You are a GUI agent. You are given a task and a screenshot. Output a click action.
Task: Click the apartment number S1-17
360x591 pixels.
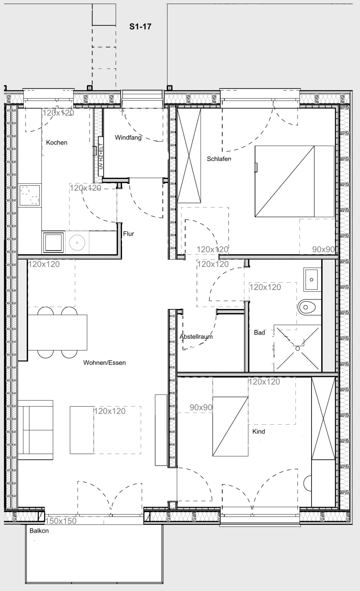140,27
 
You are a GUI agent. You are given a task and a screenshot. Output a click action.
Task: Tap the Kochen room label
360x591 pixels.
57,143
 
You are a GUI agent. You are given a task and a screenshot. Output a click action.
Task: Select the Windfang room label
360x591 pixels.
128,138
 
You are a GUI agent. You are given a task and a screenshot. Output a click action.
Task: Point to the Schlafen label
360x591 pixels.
219,159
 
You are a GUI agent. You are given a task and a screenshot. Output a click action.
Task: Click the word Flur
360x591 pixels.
129,234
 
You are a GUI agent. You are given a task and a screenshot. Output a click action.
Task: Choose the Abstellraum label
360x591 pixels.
196,337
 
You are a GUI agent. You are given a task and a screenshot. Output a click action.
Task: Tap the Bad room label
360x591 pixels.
259,333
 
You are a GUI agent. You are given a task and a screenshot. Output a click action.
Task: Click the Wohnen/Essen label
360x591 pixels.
104,363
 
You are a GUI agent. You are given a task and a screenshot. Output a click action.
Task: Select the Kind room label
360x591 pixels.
258,431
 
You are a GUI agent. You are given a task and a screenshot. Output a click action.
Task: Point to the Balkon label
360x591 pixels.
39,531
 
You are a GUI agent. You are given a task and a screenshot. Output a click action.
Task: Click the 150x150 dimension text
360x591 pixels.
61,521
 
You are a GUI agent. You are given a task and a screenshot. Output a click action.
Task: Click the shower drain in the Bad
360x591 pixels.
298,348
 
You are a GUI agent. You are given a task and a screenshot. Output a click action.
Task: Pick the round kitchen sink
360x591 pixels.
77,243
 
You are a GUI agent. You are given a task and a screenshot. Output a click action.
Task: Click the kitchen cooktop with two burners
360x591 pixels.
30,195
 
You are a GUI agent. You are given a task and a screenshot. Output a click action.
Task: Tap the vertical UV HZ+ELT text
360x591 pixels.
101,157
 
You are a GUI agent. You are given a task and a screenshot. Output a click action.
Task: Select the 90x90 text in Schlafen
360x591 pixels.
323,249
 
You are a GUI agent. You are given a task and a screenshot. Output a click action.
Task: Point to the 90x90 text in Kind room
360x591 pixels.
201,407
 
